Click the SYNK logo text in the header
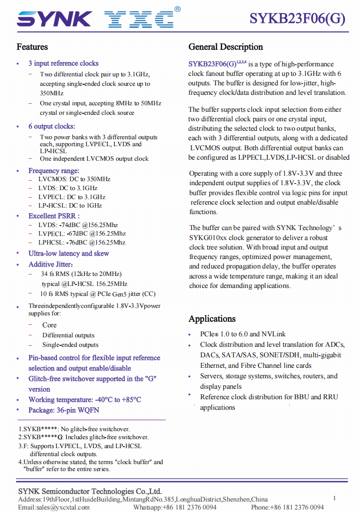(54, 18)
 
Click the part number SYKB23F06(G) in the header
(297, 18)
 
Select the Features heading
(32, 47)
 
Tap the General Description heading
(226, 47)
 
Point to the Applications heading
(212, 319)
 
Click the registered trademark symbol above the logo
(178, 8)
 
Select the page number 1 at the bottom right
(335, 498)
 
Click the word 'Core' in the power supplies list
(49, 325)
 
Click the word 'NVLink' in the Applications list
(275, 334)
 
